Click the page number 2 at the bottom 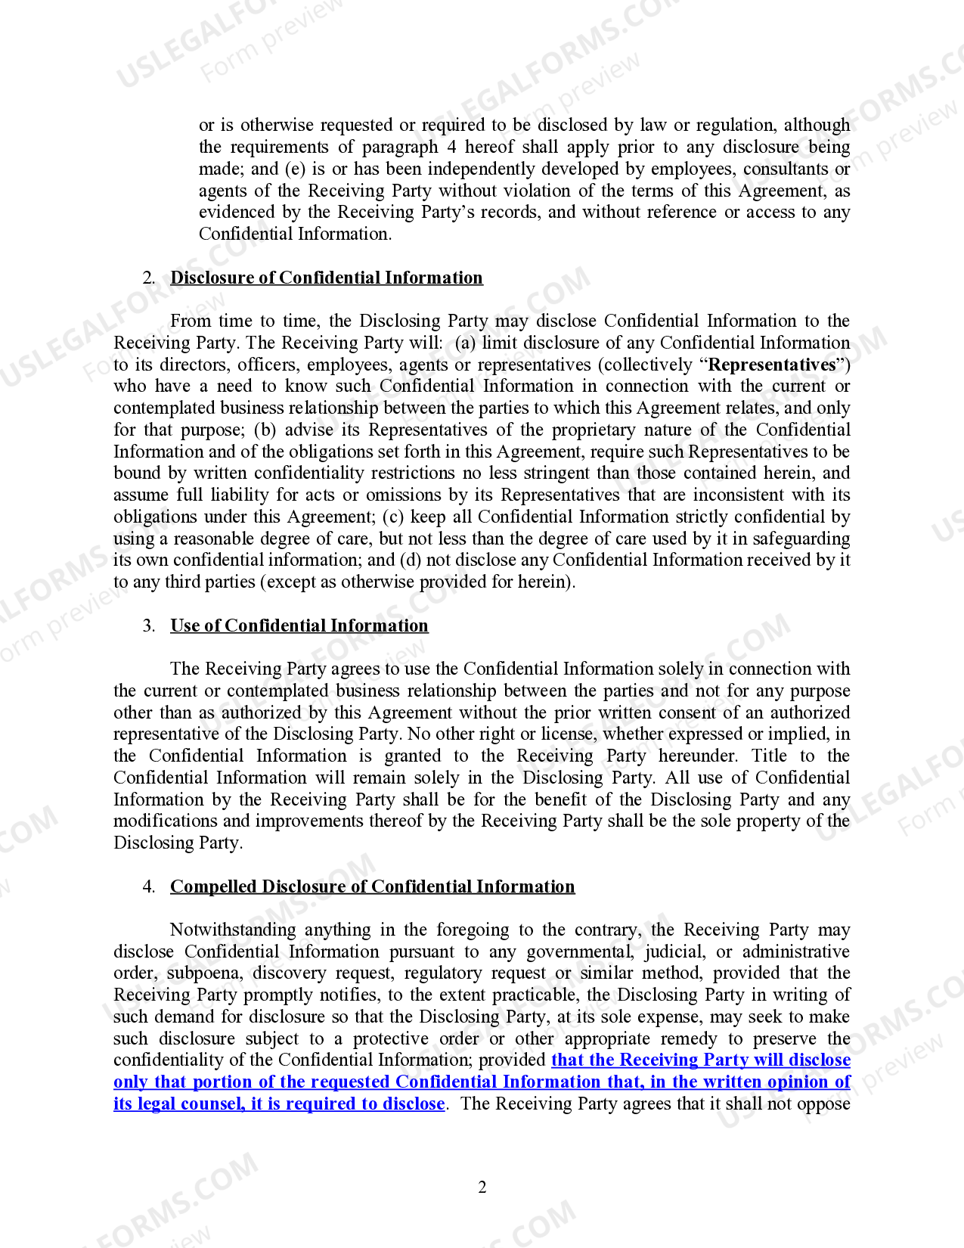click(x=482, y=1187)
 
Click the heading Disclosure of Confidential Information click(x=326, y=278)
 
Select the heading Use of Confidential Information click(x=299, y=626)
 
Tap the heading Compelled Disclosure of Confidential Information click(x=372, y=886)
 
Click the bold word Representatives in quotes click(x=771, y=365)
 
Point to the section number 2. click(x=148, y=278)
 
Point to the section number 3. click(x=148, y=626)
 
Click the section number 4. click(x=148, y=886)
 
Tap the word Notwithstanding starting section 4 click(x=232, y=930)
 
